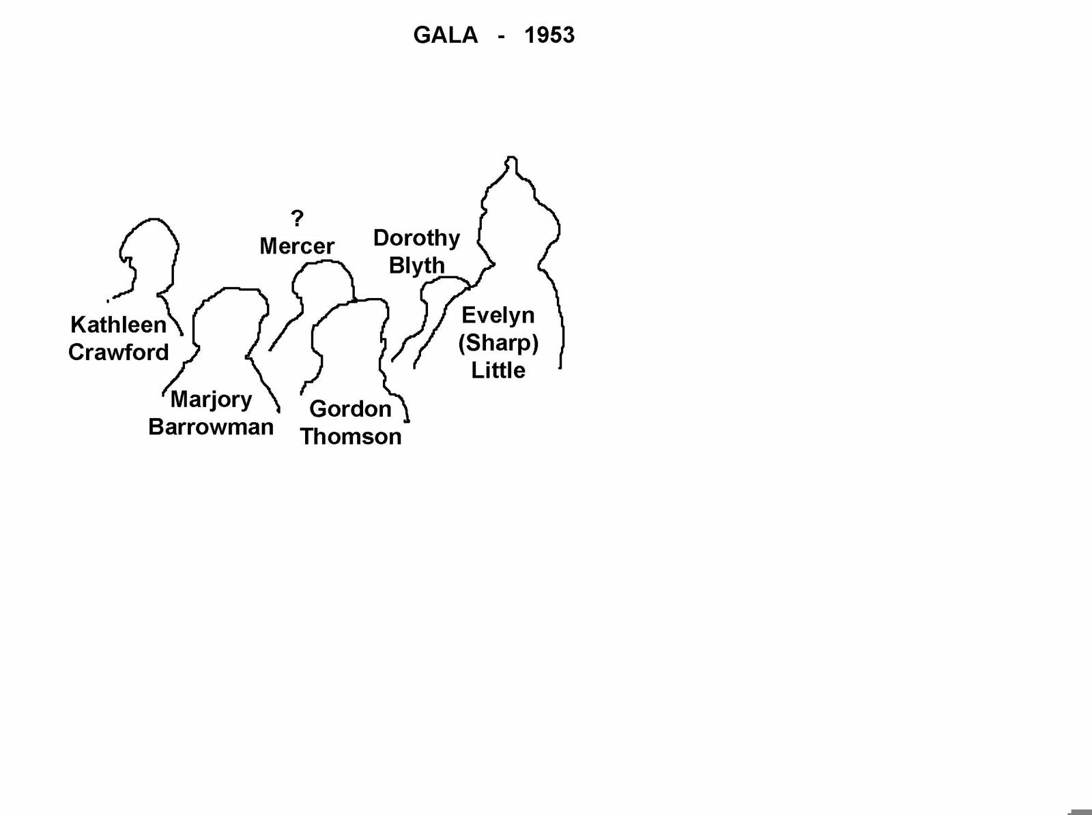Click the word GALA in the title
pyautogui.click(x=445, y=35)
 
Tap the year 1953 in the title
pyautogui.click(x=549, y=35)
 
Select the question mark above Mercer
pyautogui.click(x=297, y=218)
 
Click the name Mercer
pyautogui.click(x=297, y=246)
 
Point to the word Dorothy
pyautogui.click(x=416, y=239)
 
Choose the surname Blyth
pyautogui.click(x=416, y=266)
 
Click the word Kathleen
pyautogui.click(x=118, y=325)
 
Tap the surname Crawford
pyautogui.click(x=118, y=353)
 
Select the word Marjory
pyautogui.click(x=211, y=400)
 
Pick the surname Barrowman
pyautogui.click(x=211, y=427)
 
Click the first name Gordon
pyautogui.click(x=350, y=409)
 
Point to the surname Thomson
pyautogui.click(x=350, y=436)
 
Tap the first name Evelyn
pyautogui.click(x=498, y=316)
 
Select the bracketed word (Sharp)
pyautogui.click(x=498, y=344)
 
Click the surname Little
pyautogui.click(x=498, y=370)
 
